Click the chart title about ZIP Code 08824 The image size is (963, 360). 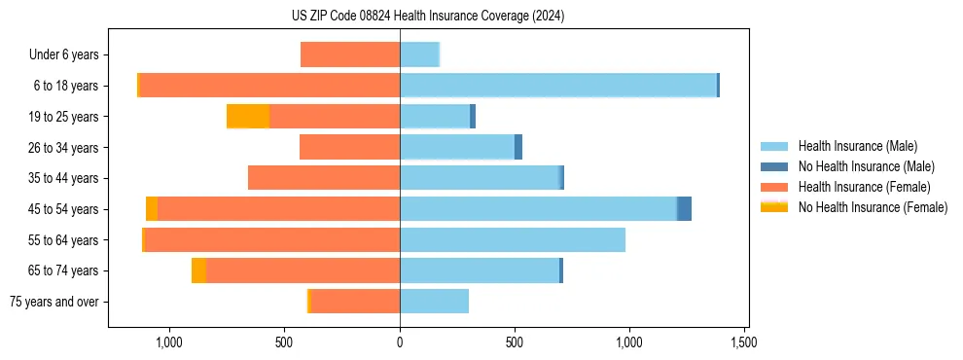(x=428, y=16)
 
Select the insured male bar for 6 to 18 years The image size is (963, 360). (x=558, y=86)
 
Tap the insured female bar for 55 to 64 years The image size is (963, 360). (x=272, y=239)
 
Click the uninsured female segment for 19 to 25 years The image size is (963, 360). (x=248, y=117)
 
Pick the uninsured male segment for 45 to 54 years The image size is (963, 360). (x=685, y=209)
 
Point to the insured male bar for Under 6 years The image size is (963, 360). (x=419, y=54)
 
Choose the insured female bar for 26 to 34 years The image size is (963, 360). (x=350, y=147)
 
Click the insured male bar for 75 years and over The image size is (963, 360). (x=434, y=302)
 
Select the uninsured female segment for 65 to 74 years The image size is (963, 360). (x=198, y=270)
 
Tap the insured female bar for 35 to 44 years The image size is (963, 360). (x=324, y=178)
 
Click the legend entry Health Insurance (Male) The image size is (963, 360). (x=851, y=146)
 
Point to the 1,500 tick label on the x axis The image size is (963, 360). (x=744, y=342)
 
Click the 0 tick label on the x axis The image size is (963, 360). (x=400, y=342)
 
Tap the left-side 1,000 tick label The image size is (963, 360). (x=169, y=342)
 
